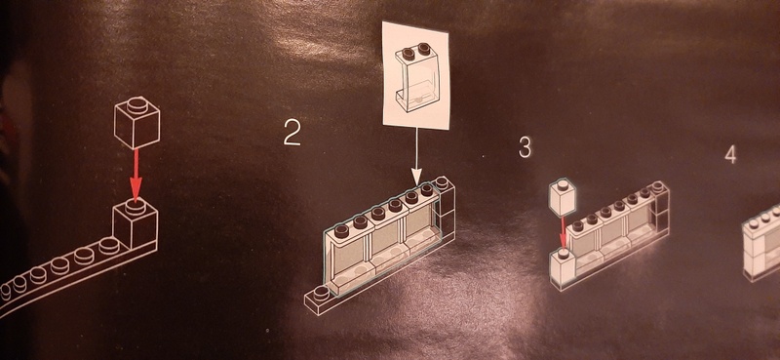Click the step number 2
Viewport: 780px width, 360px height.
click(x=292, y=133)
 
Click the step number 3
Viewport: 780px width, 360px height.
click(x=525, y=147)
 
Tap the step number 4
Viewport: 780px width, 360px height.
click(x=730, y=155)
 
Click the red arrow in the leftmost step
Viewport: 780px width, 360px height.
click(x=136, y=176)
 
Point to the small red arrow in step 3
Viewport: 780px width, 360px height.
click(x=563, y=232)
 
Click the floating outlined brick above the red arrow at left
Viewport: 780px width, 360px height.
click(x=136, y=122)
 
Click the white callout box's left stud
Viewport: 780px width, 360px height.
click(x=409, y=53)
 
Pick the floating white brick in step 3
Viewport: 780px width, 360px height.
click(x=563, y=198)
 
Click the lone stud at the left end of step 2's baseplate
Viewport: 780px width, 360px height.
click(x=321, y=293)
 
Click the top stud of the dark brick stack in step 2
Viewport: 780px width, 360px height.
click(x=442, y=182)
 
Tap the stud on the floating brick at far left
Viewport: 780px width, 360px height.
click(x=136, y=104)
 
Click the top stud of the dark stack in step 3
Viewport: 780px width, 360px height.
click(x=658, y=186)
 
